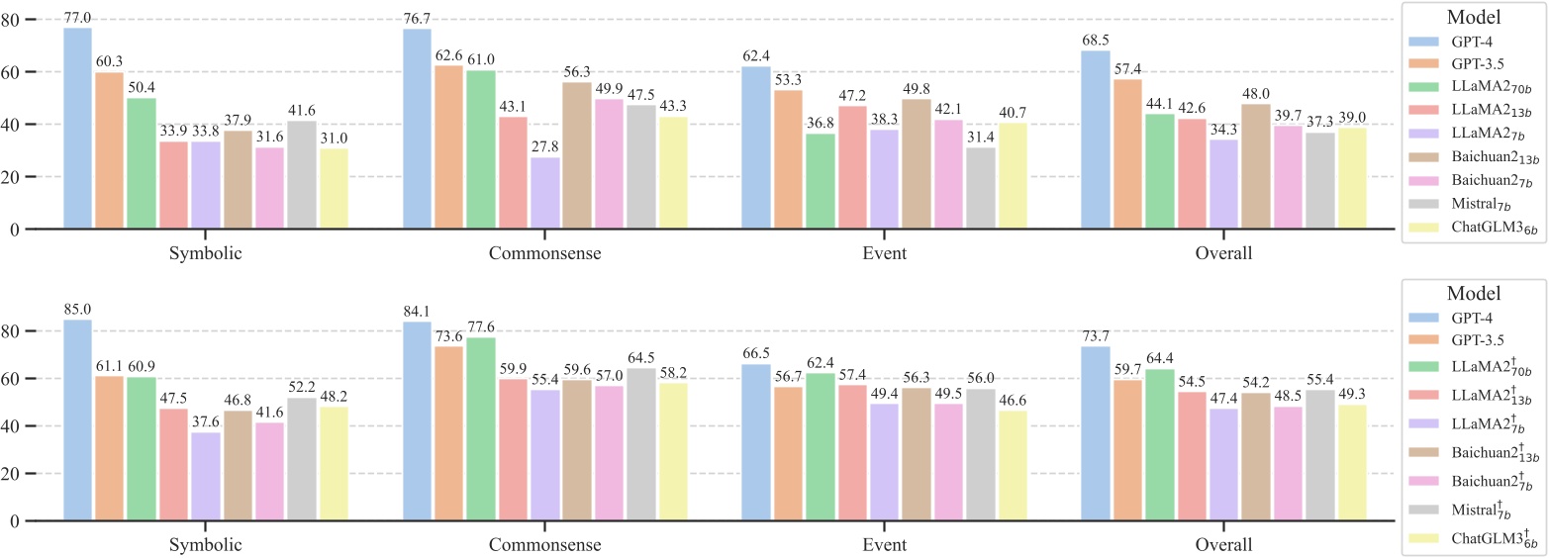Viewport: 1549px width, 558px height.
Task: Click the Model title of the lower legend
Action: pyautogui.click(x=1474, y=294)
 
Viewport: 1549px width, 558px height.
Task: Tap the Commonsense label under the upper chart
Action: pyautogui.click(x=543, y=254)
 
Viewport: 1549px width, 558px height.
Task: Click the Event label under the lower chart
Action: pyautogui.click(x=883, y=545)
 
